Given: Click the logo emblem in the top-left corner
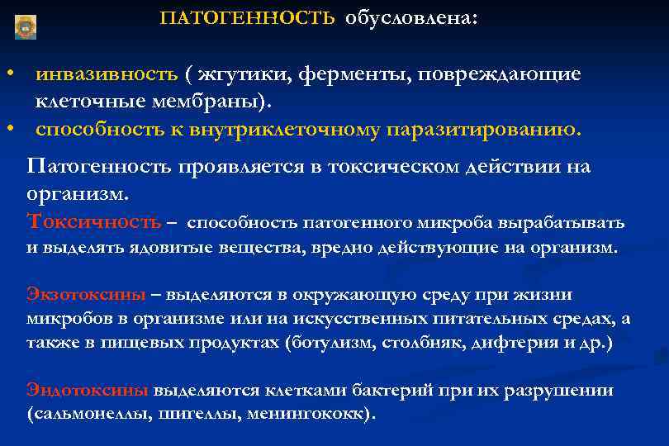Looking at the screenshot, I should click(x=26, y=26).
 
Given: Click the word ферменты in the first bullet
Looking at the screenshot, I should click(x=346, y=74).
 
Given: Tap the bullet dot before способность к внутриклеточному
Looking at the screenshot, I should click(x=9, y=130).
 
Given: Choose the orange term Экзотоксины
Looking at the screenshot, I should click(x=87, y=295).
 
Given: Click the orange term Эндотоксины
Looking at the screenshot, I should click(x=88, y=390).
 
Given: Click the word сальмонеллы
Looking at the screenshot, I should click(x=89, y=414).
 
